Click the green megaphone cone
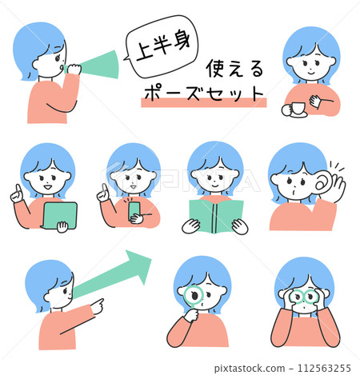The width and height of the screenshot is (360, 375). coord(102,65)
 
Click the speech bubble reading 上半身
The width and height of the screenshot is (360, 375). coord(162,46)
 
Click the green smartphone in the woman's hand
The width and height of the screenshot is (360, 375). coord(134,210)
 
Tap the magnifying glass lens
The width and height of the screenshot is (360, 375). coord(194,297)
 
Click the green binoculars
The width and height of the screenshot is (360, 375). coord(305,297)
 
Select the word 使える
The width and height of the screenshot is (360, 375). coord(234,69)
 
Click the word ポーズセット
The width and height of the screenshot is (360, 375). coord(204,94)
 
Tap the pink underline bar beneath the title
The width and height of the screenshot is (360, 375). coord(204,102)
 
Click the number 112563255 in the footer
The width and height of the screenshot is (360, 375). coord(324,369)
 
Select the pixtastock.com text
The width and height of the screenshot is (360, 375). coord(250,369)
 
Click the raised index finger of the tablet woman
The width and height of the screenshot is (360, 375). coord(18,189)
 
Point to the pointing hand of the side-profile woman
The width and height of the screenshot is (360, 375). coord(97,306)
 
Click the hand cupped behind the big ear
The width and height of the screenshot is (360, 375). coord(338,186)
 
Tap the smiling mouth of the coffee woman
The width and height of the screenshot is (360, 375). coord(311,72)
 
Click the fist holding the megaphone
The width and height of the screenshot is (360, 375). coord(74,69)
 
